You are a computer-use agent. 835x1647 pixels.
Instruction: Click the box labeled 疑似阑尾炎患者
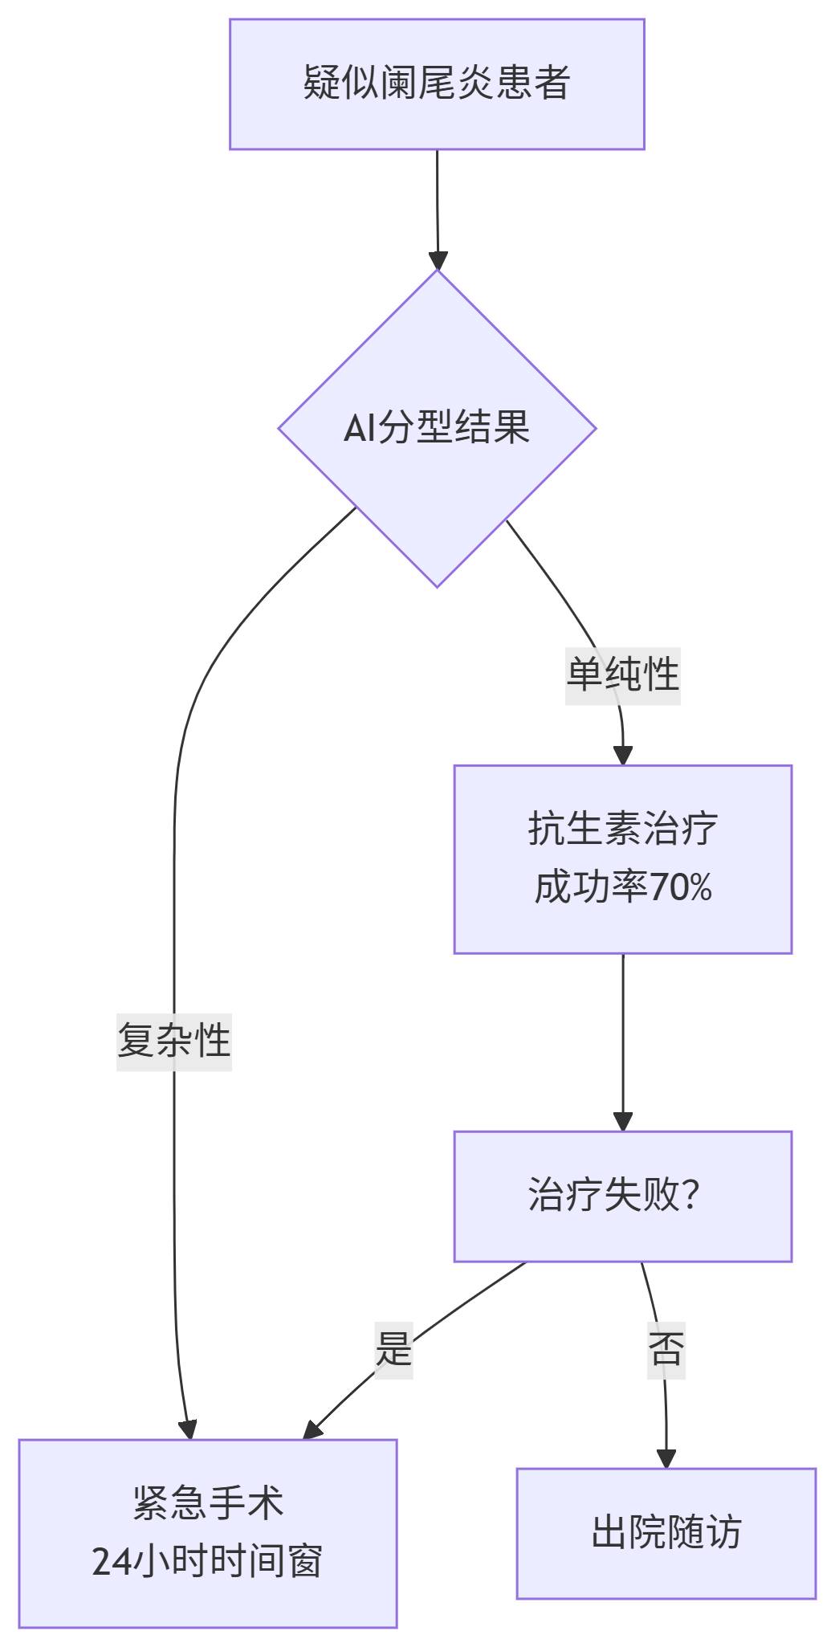tap(437, 84)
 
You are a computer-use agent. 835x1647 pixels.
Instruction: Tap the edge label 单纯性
tap(622, 675)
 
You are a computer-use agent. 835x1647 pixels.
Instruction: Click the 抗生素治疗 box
tap(622, 829)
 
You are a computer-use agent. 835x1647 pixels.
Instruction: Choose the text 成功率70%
tap(622, 888)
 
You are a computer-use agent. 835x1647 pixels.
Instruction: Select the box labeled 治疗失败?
tap(622, 1196)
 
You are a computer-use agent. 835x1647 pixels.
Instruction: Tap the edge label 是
tap(393, 1349)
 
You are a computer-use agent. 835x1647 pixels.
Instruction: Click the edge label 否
tap(666, 1349)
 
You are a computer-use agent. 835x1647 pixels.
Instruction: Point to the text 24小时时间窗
tap(208, 1563)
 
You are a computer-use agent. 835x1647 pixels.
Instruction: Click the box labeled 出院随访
tap(666, 1533)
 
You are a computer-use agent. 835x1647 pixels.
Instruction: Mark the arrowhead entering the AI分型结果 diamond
tap(438, 260)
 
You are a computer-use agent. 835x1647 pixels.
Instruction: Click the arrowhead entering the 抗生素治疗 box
tap(623, 756)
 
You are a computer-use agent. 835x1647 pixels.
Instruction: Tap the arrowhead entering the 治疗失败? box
tap(623, 1122)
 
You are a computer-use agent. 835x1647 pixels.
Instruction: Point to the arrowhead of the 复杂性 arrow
tap(188, 1430)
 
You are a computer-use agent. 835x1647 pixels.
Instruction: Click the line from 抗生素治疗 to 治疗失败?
tap(623, 1036)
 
